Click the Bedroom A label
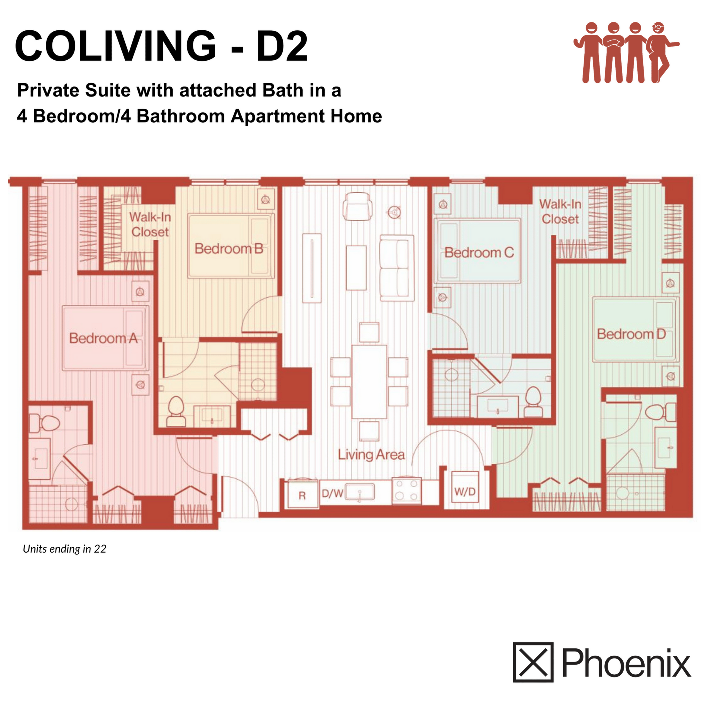click(x=103, y=338)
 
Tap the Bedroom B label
click(x=229, y=249)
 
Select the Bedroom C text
click(x=479, y=252)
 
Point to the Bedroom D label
click(x=632, y=334)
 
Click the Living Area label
click(x=371, y=455)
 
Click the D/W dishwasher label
click(x=332, y=494)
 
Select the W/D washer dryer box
click(x=465, y=492)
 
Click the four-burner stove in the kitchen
click(x=406, y=491)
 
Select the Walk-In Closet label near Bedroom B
click(x=150, y=224)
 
